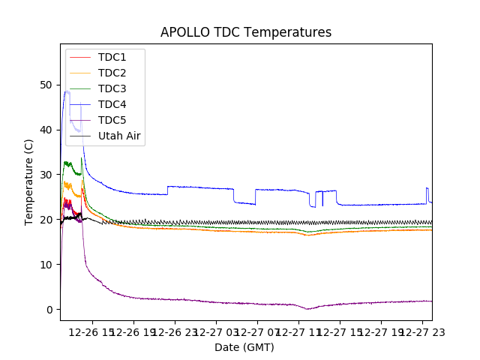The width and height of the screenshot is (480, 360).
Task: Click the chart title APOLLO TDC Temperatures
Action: click(x=246, y=33)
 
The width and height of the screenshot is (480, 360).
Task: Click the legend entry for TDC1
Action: click(x=112, y=57)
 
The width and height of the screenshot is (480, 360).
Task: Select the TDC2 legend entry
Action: click(x=112, y=73)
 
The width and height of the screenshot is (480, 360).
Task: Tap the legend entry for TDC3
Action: click(x=112, y=88)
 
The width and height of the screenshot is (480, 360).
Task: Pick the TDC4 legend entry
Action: click(x=112, y=104)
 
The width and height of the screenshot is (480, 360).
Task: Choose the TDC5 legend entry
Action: click(x=112, y=120)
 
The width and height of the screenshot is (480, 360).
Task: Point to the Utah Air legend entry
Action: click(x=119, y=136)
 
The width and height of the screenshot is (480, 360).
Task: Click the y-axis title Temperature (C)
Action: click(x=29, y=181)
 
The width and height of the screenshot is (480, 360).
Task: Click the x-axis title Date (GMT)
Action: click(x=244, y=347)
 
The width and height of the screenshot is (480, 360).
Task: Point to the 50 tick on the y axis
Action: click(x=48, y=85)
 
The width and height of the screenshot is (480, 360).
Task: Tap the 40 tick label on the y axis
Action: click(x=48, y=130)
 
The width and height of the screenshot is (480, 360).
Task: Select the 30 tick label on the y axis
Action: click(x=48, y=175)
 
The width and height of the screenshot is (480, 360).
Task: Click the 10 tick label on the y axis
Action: click(x=48, y=265)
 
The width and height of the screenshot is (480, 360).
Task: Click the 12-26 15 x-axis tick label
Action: click(x=91, y=331)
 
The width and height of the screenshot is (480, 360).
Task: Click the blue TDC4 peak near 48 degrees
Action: click(x=67, y=92)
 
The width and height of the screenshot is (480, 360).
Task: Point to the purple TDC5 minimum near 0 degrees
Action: click(x=307, y=309)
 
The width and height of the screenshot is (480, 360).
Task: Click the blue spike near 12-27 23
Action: click(x=427, y=188)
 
